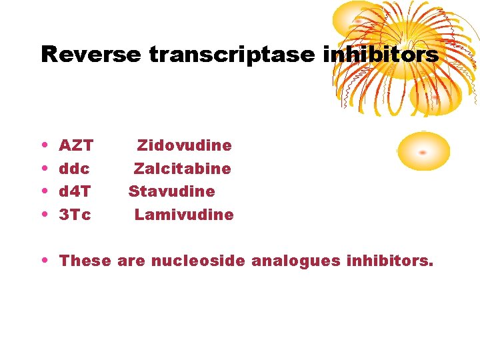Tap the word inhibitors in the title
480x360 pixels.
click(x=381, y=55)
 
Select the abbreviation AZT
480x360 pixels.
click(x=76, y=145)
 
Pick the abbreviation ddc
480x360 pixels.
click(x=75, y=169)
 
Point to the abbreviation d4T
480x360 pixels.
click(x=75, y=192)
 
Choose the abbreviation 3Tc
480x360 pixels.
click(x=75, y=215)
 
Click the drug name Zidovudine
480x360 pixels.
click(x=185, y=145)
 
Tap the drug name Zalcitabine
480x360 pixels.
click(x=183, y=169)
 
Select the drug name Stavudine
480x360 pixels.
click(x=172, y=192)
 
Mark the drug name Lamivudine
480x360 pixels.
click(x=184, y=215)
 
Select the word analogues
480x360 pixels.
click(x=296, y=261)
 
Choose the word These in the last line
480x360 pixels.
click(x=85, y=261)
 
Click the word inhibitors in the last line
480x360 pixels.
click(x=390, y=261)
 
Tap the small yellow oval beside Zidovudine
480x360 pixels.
click(x=423, y=151)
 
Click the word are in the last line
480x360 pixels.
click(x=131, y=261)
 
